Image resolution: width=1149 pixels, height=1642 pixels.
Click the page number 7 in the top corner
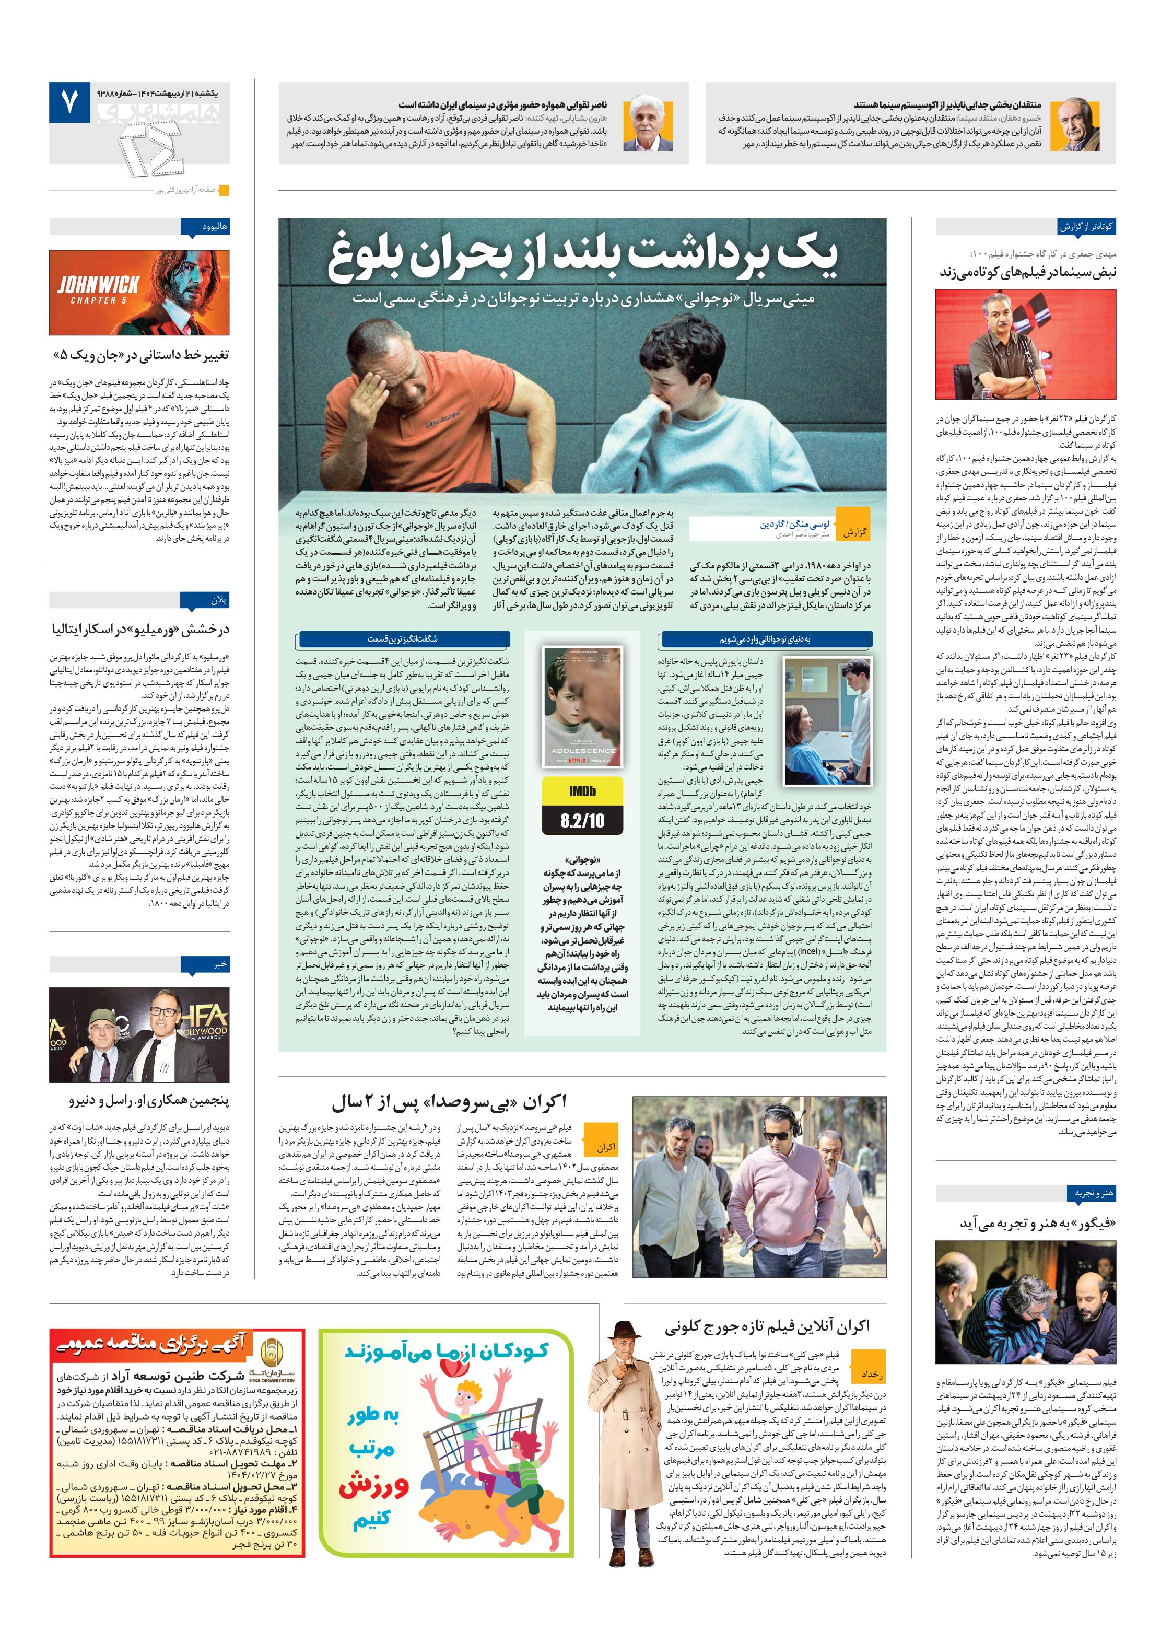(68, 105)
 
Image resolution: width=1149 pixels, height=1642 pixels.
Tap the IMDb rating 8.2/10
(582, 820)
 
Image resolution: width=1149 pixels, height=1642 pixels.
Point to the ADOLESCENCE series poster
(582, 707)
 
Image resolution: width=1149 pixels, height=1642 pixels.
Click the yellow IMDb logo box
(582, 791)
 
